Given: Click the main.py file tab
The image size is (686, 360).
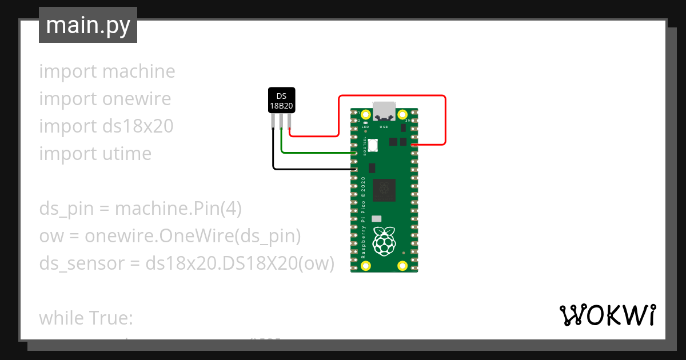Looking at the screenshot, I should point(87,25).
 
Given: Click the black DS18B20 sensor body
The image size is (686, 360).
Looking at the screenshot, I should point(282,101).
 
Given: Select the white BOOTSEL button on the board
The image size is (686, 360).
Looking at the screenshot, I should point(373,145).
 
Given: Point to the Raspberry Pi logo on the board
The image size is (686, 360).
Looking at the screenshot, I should point(384,241).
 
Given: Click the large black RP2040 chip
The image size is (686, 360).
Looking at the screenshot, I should point(384,190).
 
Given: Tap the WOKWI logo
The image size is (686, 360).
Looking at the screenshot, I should point(607,315).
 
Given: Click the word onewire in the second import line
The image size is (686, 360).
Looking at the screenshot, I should point(137,99).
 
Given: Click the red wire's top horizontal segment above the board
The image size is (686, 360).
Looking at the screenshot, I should point(392,96).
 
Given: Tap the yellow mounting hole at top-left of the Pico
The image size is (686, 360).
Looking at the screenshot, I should point(366,113).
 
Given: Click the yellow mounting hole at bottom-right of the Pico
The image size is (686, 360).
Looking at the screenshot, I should point(402,266).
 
